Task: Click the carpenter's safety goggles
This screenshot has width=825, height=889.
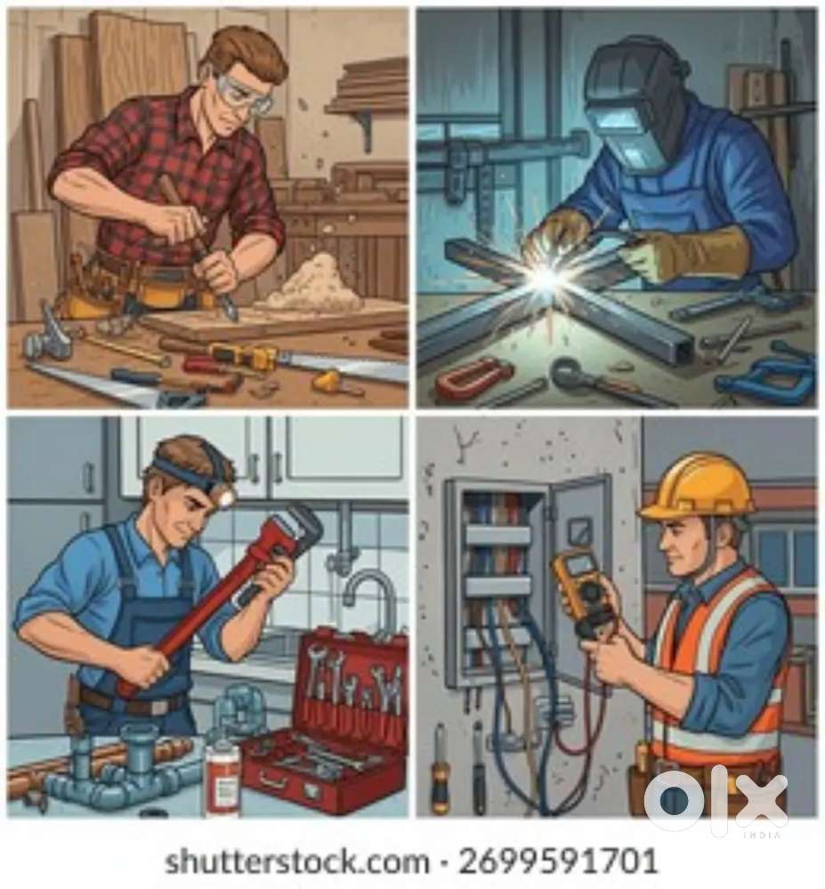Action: pos(243,93)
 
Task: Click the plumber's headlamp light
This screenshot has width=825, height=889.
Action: pos(227,497)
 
